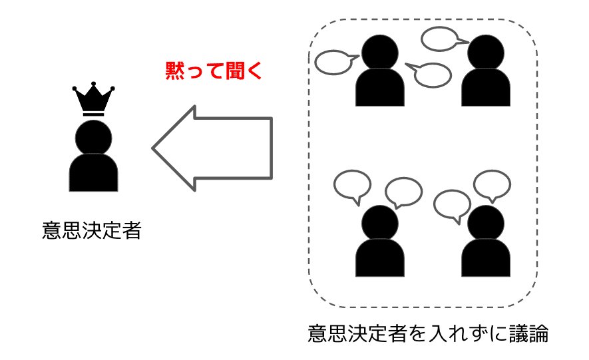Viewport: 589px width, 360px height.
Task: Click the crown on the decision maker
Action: coord(94,101)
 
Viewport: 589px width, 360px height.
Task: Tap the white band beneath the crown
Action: coord(94,114)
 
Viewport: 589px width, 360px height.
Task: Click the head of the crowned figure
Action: coord(94,136)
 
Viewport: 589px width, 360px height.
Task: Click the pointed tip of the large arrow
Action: coord(154,148)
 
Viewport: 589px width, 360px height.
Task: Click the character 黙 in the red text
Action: coord(176,71)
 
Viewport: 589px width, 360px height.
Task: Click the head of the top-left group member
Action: coord(380,52)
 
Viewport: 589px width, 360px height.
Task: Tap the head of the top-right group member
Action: coord(486,52)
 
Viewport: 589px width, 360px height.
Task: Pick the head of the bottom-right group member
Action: coord(486,223)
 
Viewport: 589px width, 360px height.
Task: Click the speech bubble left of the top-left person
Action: coord(333,63)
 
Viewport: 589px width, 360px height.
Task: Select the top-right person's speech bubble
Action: coord(441,39)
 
